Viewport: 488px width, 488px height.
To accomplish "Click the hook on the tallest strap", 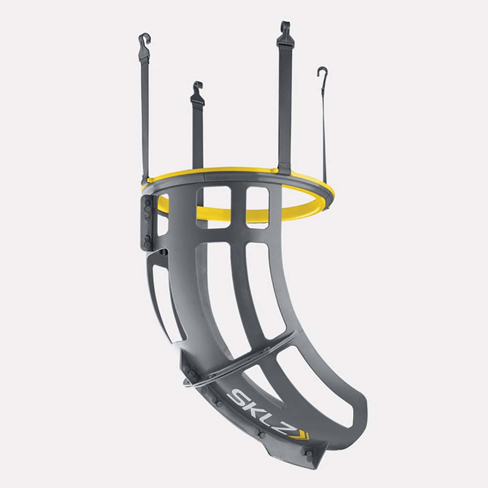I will pos(285,29).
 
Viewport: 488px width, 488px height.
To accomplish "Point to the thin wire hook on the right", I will pos(323,73).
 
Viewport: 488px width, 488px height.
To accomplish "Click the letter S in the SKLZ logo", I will pos(237,397).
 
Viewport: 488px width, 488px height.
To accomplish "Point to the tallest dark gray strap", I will pos(285,105).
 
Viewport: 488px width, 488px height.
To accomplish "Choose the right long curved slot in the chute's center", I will pos(264,286).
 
